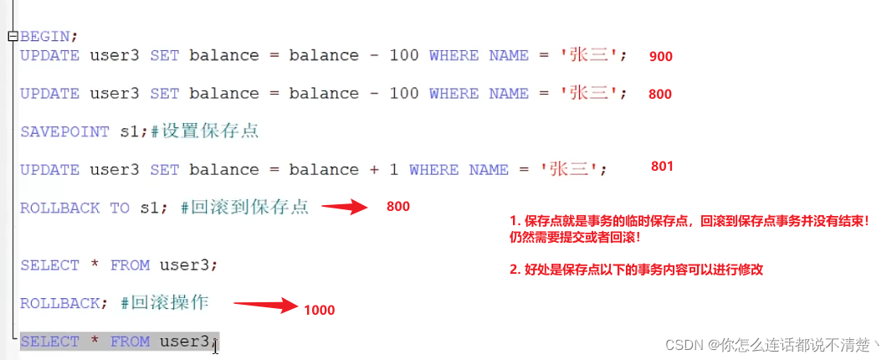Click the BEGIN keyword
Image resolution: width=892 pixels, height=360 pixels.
(x=47, y=37)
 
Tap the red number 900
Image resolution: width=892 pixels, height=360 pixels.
(x=660, y=57)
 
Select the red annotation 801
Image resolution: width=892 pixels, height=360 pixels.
(x=661, y=166)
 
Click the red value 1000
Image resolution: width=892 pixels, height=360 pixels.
(x=319, y=311)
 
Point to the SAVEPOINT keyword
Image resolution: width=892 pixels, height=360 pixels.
(x=64, y=131)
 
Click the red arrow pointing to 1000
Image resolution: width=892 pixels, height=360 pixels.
(x=265, y=306)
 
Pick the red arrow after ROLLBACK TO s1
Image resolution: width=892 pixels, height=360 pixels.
(x=346, y=207)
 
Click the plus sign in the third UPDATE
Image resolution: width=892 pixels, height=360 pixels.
(x=373, y=170)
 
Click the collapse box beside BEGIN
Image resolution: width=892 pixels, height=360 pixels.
(x=12, y=37)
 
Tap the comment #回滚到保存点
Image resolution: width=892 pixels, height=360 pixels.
(x=244, y=208)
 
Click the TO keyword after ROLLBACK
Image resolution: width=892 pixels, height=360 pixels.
(x=120, y=208)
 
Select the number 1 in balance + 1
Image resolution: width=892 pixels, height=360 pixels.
(x=393, y=170)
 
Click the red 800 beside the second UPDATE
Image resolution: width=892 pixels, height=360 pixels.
(x=659, y=95)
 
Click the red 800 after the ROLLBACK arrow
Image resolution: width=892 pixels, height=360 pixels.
(x=398, y=207)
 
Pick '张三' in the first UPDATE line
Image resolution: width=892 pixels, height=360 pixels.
(x=582, y=56)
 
